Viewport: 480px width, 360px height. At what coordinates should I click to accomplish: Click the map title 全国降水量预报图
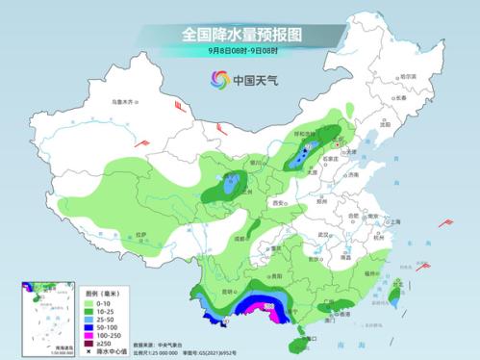tap(240, 34)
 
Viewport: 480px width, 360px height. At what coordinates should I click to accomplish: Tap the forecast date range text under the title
tap(240, 51)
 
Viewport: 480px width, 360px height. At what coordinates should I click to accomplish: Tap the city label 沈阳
tap(387, 125)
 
